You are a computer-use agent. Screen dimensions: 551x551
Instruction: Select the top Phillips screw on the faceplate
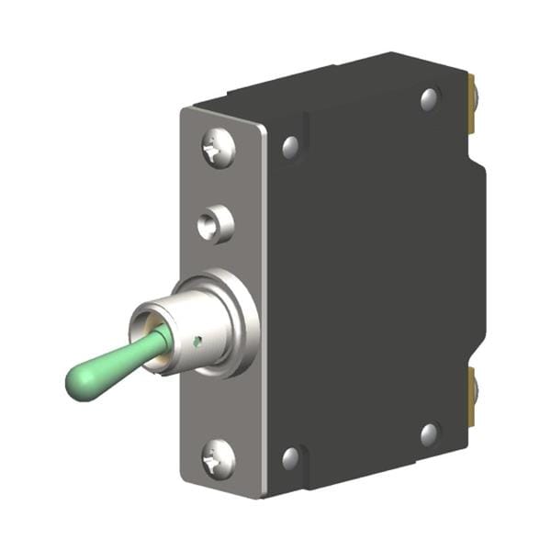click(218, 147)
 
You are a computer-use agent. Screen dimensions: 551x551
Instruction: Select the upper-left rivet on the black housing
click(290, 145)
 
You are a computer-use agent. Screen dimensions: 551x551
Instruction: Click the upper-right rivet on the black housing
click(429, 98)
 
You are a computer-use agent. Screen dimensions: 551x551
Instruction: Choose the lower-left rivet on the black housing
click(290, 456)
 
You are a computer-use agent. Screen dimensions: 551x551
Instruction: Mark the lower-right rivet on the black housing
click(429, 433)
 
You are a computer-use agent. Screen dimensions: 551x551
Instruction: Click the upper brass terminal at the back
click(472, 101)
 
